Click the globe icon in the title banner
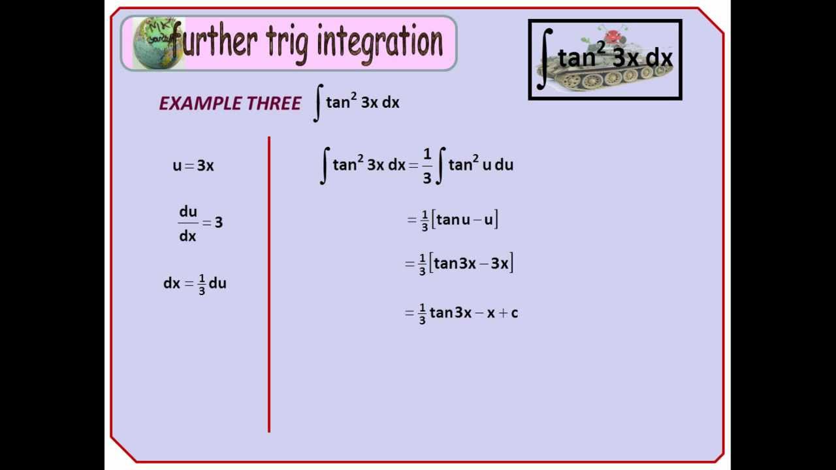[x=152, y=43]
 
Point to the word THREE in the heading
[x=274, y=103]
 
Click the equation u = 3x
[x=193, y=166]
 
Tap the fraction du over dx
[x=188, y=223]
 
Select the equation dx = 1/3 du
[x=195, y=284]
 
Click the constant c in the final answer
[x=515, y=313]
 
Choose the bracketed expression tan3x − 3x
[x=471, y=264]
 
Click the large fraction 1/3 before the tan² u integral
[x=427, y=166]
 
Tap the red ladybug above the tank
[x=613, y=36]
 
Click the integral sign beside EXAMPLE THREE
[x=317, y=104]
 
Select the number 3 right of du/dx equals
[x=219, y=223]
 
